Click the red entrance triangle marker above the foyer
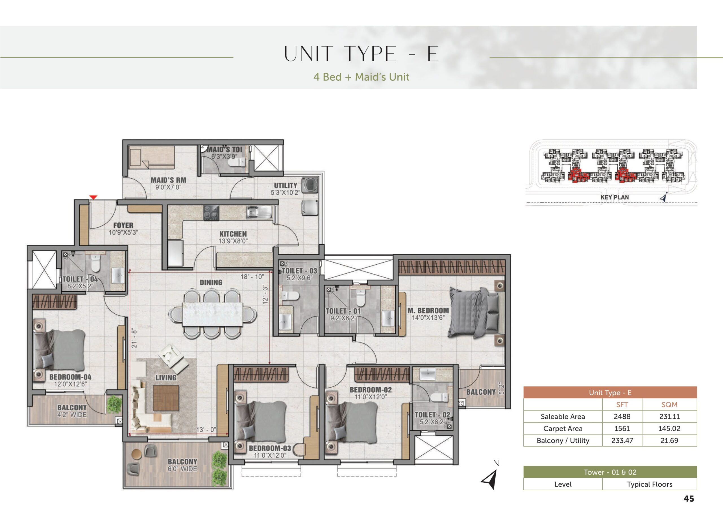click(x=93, y=197)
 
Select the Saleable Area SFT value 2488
click(x=622, y=416)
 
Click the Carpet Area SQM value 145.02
click(x=669, y=429)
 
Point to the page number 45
click(x=689, y=499)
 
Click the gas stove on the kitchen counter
click(x=211, y=212)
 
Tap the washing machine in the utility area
click(x=310, y=185)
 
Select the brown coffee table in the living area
click(x=166, y=398)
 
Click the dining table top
click(x=212, y=314)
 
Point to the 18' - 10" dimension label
click(x=252, y=277)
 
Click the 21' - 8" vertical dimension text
click(x=134, y=339)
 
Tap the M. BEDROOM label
click(x=428, y=310)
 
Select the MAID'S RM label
click(x=168, y=180)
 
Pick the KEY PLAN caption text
click(x=615, y=197)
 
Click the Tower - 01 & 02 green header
click(x=610, y=472)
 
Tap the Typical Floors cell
click(x=650, y=484)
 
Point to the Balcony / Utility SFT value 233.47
click(x=622, y=441)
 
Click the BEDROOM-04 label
click(x=70, y=377)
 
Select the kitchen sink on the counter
click(x=259, y=212)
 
